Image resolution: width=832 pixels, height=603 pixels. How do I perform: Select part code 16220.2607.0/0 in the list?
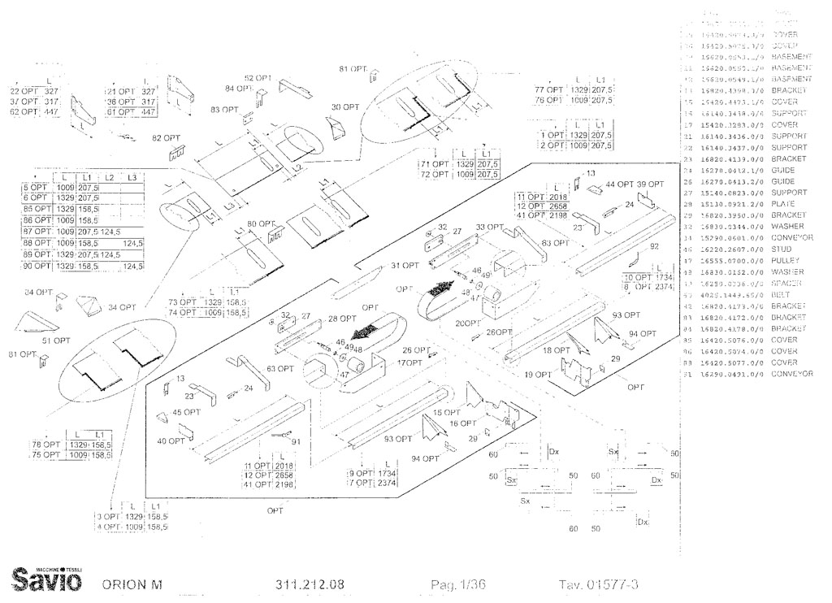[730, 249]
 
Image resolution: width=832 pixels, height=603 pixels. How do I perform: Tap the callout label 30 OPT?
[345, 106]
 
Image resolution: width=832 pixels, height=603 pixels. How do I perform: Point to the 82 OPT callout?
[167, 138]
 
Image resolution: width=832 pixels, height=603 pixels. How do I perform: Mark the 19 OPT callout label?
[538, 375]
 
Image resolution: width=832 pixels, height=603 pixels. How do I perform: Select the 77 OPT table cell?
[549, 89]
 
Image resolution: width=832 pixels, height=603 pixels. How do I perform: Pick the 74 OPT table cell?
[184, 312]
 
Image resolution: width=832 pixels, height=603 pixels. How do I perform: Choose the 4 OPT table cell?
[108, 527]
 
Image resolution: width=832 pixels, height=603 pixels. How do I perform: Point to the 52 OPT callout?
[258, 78]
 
